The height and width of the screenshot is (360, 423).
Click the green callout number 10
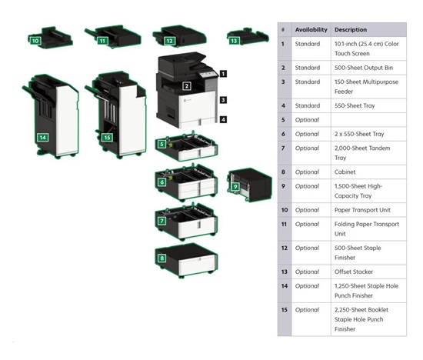point(35,41)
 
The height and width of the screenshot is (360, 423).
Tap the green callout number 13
point(234,41)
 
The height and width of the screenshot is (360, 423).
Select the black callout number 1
point(223,74)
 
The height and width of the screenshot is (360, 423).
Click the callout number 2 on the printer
point(187,86)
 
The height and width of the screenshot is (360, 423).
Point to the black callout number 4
point(223,119)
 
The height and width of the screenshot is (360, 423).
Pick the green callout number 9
point(235,186)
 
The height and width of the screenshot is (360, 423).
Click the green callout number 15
point(107,138)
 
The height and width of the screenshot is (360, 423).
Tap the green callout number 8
point(162,258)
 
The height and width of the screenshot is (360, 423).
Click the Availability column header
point(311,30)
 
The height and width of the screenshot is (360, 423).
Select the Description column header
point(351,30)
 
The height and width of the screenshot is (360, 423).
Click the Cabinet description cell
point(368,172)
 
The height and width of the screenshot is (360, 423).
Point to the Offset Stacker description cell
point(368,272)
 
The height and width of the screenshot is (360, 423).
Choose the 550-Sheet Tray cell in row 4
point(368,105)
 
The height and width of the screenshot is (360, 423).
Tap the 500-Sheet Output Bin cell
point(368,68)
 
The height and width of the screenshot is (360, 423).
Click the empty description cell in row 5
point(368,120)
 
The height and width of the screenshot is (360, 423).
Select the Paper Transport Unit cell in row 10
point(368,210)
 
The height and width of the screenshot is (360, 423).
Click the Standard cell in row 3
point(311,87)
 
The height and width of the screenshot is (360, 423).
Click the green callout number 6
point(162,182)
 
